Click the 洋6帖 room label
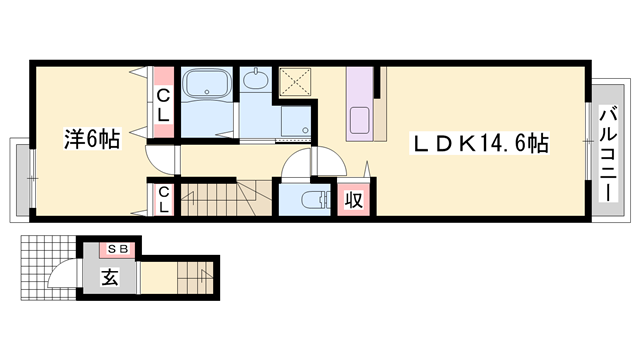[92, 140]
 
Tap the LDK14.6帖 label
[479, 143]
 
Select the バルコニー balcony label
[608, 153]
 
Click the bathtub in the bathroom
[207, 84]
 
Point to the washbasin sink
[256, 79]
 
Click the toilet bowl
[312, 200]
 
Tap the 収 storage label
[353, 200]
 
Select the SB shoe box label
[118, 249]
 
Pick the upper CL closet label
[163, 106]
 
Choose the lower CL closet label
[164, 199]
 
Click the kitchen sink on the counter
[360, 119]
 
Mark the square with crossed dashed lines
[295, 82]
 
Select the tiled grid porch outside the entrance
[48, 268]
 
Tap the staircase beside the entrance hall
[195, 278]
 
